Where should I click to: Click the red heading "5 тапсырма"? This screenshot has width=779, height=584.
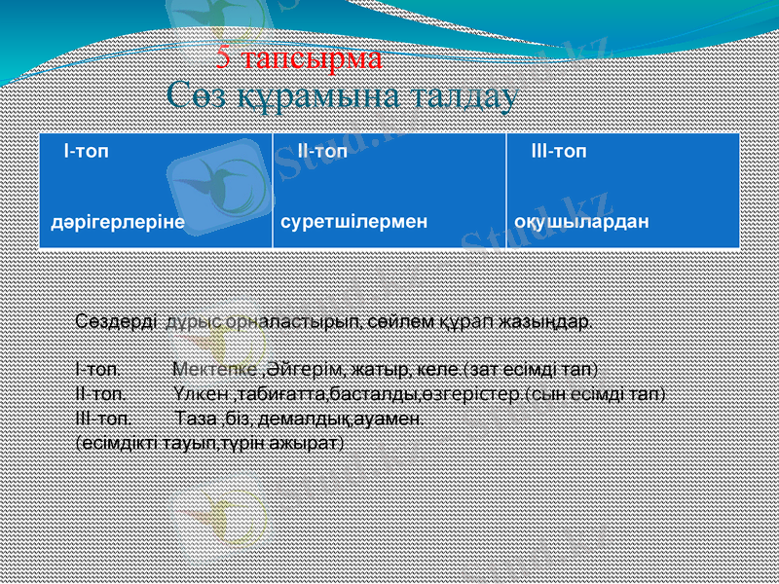(299, 58)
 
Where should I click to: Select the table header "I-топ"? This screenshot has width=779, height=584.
(86, 153)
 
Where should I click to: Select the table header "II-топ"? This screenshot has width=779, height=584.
(321, 153)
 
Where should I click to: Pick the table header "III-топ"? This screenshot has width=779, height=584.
(558, 153)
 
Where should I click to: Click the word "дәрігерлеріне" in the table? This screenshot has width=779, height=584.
(118, 221)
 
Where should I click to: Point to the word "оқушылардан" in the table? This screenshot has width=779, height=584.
(581, 221)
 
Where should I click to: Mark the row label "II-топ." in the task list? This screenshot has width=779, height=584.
(99, 394)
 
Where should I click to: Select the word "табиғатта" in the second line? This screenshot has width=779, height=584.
(279, 394)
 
